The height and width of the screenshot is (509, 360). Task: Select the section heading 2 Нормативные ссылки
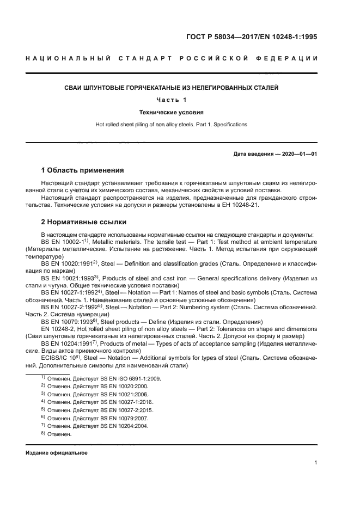[x=84, y=222]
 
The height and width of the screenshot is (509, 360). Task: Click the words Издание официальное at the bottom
[x=56, y=453]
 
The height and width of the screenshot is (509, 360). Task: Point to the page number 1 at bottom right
[x=315, y=463]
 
